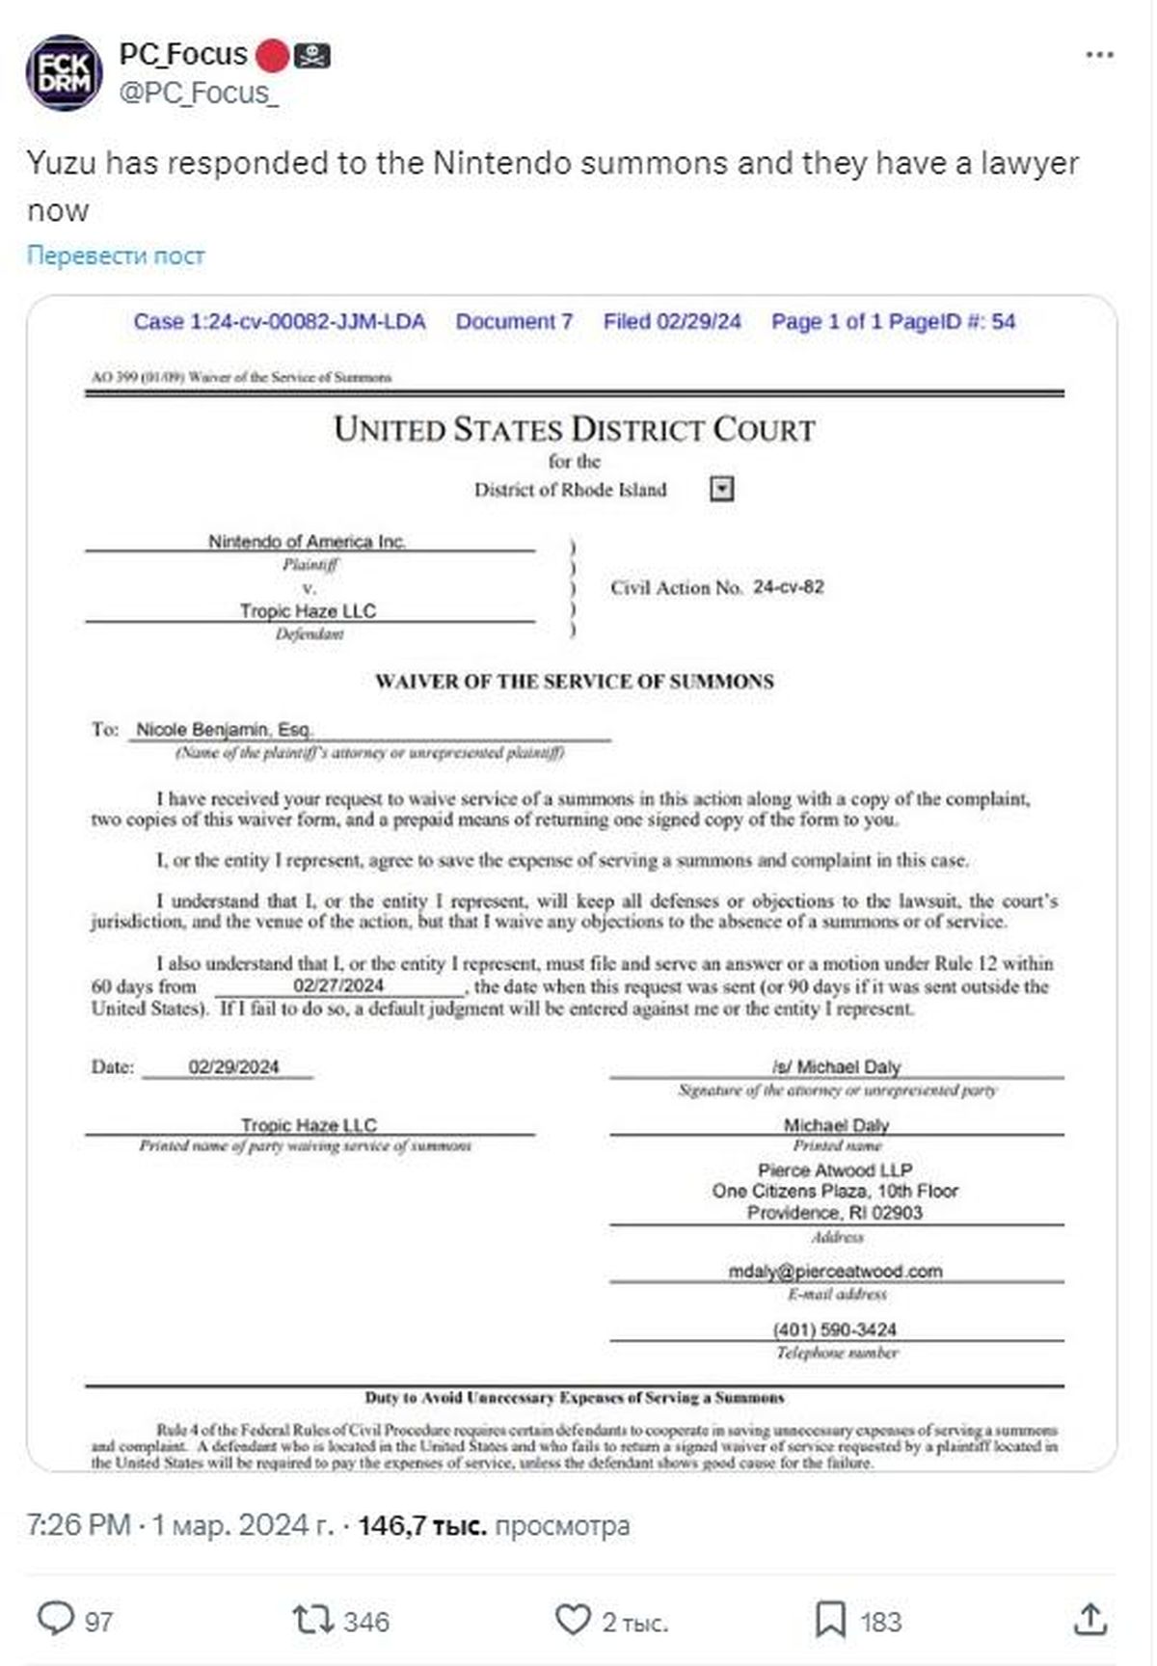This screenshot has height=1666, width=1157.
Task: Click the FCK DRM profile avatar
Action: pos(65,73)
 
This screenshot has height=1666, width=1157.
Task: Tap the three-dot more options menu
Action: pos(1099,55)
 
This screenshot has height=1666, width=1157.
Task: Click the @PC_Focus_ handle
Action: pos(199,93)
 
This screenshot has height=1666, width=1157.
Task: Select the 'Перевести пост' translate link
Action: pos(116,255)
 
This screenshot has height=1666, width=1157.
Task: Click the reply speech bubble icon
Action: pos(55,1619)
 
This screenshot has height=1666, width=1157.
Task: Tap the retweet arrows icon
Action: pos(312,1619)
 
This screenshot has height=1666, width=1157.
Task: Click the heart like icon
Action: pos(573,1619)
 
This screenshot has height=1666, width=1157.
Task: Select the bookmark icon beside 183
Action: pos(830,1620)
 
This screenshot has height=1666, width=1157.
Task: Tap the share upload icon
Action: pos(1090,1619)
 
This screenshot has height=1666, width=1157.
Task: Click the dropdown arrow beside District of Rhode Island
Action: pos(722,490)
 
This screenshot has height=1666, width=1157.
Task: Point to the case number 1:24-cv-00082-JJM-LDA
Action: pos(280,322)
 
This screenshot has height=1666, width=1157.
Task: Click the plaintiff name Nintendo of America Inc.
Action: pos(307,541)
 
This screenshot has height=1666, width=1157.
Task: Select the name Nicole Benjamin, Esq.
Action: pos(225,729)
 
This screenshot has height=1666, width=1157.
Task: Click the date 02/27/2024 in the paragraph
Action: pos(338,985)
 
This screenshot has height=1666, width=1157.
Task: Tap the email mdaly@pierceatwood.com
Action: pos(835,1271)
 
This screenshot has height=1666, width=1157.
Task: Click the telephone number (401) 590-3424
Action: pos(835,1330)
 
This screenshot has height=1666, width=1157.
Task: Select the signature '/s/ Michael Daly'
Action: pos(836,1066)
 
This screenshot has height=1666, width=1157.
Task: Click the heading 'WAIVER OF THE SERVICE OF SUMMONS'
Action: pos(575,682)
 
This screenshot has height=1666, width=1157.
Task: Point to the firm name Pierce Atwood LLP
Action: pos(835,1169)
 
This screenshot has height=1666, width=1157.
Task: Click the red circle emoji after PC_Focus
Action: pos(271,56)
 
